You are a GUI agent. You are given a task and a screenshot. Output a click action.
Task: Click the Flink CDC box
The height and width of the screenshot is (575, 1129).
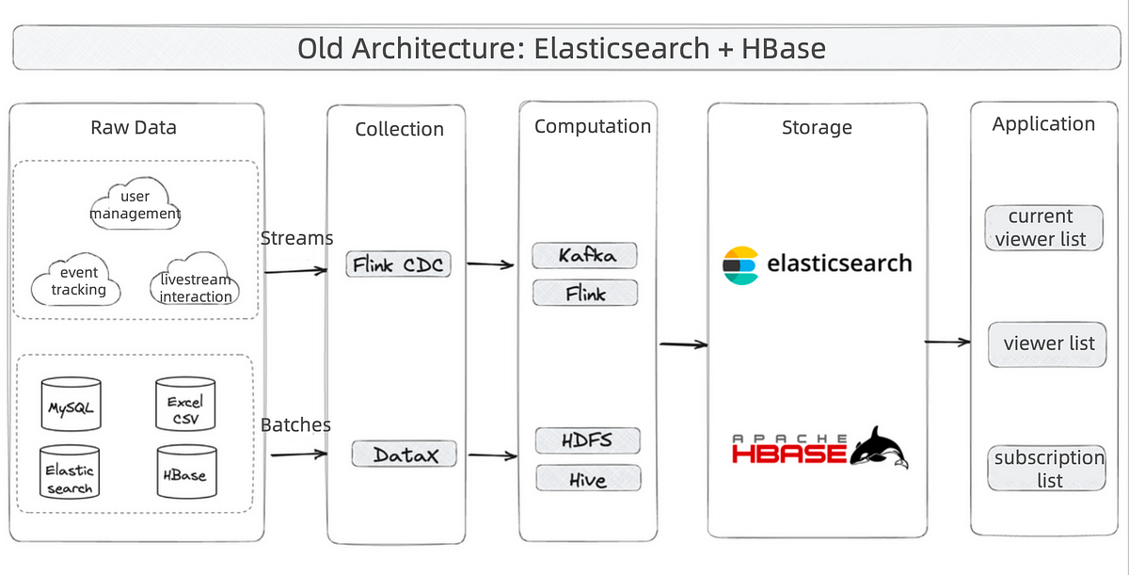(398, 264)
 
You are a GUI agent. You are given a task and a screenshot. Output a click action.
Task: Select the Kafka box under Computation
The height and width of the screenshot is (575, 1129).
(584, 255)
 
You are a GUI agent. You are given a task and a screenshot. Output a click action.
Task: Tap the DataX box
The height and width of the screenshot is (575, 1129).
(405, 454)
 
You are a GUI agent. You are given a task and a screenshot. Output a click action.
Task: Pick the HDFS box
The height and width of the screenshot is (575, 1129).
(588, 440)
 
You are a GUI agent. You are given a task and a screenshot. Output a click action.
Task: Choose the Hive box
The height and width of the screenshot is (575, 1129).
(589, 478)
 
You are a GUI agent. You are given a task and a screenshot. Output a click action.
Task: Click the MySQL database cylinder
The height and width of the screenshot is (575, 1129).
(72, 404)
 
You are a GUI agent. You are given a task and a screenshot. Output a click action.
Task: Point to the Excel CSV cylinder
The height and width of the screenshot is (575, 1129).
(185, 404)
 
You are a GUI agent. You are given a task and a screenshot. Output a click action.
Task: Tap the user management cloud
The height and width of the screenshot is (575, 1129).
(135, 203)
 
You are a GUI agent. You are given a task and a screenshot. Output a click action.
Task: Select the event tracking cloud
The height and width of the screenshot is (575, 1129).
(76, 280)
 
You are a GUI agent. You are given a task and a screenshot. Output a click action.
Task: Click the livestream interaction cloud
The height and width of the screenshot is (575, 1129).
(195, 279)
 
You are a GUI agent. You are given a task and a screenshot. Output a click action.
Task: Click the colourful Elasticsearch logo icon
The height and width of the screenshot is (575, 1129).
(739, 265)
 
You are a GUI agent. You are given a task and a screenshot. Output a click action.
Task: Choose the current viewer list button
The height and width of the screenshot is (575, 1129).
(1043, 228)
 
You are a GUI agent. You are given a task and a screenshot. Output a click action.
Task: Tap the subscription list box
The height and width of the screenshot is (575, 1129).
(1047, 468)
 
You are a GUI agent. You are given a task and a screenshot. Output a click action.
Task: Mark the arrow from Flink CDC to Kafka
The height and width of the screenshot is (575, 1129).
(490, 264)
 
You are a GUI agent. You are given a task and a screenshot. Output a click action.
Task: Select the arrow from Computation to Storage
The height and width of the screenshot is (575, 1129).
(684, 344)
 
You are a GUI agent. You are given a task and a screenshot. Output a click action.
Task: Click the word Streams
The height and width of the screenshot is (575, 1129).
(296, 238)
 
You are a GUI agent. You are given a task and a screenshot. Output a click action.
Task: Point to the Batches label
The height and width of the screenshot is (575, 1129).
(295, 424)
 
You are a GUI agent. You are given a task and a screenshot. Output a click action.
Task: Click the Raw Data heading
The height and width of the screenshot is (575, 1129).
(134, 127)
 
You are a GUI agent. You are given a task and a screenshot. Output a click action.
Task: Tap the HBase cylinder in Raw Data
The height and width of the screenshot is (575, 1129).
(186, 471)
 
